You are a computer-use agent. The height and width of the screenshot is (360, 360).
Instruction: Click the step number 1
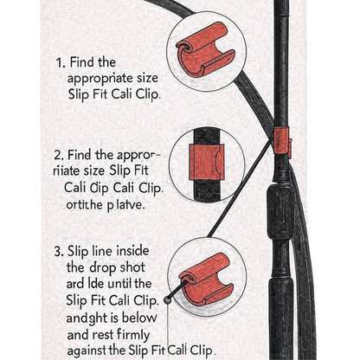59,62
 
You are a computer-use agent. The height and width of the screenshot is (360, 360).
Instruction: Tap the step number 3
59,251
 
